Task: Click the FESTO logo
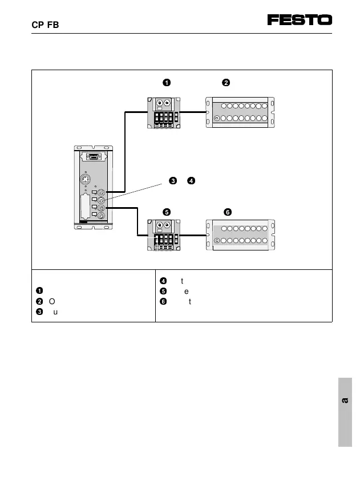coord(300,20)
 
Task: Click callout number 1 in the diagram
coord(166,83)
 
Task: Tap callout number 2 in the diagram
coord(226,83)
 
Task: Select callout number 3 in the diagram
coord(172,181)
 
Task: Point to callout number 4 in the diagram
coord(191,181)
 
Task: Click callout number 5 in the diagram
coord(166,212)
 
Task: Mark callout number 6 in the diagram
coord(227,212)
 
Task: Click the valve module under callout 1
coord(165,113)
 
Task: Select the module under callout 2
coord(240,112)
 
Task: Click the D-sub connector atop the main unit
coord(95,157)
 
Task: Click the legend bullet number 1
coord(38,290)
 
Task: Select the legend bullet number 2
coord(38,301)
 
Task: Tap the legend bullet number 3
coord(38,312)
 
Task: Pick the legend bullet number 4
coord(162,280)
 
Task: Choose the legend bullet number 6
coord(162,301)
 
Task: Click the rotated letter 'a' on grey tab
coord(345,401)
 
